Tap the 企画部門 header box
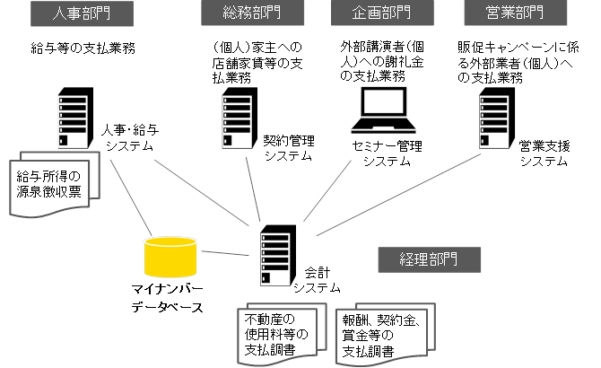click(370, 14)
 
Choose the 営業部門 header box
click(504, 14)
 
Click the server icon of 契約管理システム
click(235, 118)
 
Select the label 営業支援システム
click(544, 153)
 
